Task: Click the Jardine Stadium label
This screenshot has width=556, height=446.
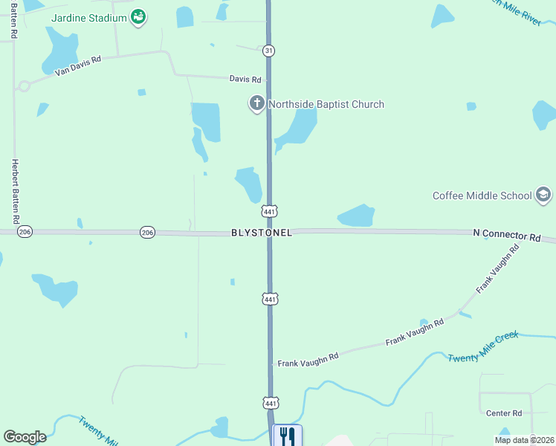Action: (x=88, y=17)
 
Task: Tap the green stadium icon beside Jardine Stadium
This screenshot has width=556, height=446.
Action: (x=138, y=17)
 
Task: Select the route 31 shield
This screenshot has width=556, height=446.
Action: (x=268, y=50)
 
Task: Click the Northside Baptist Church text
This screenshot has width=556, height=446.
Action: (x=326, y=104)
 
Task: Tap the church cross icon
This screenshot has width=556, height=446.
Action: (x=257, y=103)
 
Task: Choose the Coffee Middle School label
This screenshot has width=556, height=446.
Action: (x=482, y=195)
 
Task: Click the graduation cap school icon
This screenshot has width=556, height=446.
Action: (x=544, y=195)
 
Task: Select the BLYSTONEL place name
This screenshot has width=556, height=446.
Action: (x=262, y=233)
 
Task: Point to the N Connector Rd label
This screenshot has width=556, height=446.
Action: (x=507, y=234)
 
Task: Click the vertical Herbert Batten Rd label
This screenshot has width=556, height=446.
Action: (x=14, y=192)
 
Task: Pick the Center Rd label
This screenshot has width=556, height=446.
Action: (x=504, y=413)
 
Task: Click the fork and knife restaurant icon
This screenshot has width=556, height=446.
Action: (x=288, y=436)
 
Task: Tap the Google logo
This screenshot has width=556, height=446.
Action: (x=25, y=437)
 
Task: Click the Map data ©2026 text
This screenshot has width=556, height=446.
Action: (x=524, y=439)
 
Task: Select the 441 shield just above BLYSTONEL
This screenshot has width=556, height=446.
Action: (x=270, y=212)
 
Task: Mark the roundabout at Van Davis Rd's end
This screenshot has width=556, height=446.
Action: (x=24, y=85)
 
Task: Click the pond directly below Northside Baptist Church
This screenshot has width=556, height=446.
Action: (x=297, y=128)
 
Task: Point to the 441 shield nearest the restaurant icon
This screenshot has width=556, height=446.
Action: (x=270, y=402)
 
